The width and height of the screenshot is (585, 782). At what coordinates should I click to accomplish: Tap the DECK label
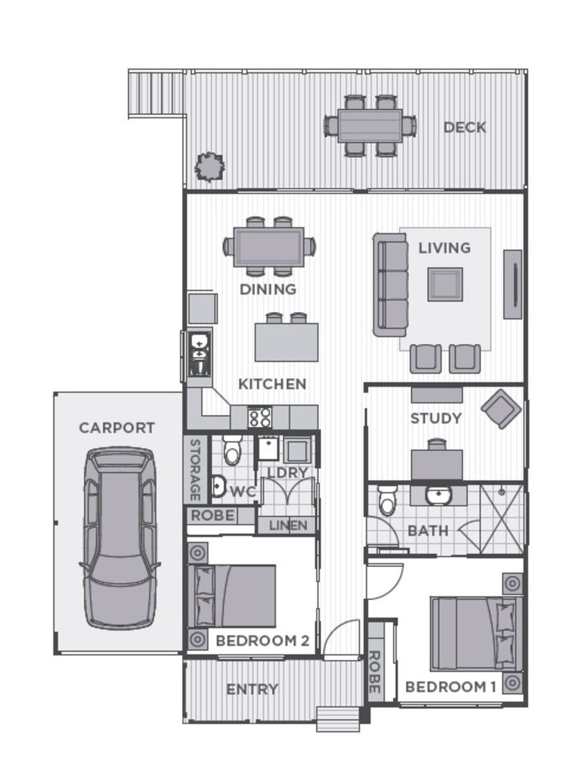pos(464,128)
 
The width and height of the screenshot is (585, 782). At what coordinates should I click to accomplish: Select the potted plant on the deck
pos(209,167)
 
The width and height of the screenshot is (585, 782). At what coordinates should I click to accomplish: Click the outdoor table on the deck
pos(370,126)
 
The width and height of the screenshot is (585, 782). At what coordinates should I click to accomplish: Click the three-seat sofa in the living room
pos(390,284)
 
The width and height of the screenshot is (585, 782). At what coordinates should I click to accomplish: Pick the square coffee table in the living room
pos(445,284)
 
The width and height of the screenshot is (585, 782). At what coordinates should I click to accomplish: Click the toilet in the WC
pos(233,452)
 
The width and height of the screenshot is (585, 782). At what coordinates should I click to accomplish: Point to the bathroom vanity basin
pos(439,496)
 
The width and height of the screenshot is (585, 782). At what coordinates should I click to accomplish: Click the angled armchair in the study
pos(502,408)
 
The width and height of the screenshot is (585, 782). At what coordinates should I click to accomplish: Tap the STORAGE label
pos(195,469)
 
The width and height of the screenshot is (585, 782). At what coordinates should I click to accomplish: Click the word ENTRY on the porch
pos(252,689)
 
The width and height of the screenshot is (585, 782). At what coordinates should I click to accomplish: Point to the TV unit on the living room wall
pos(513,284)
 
